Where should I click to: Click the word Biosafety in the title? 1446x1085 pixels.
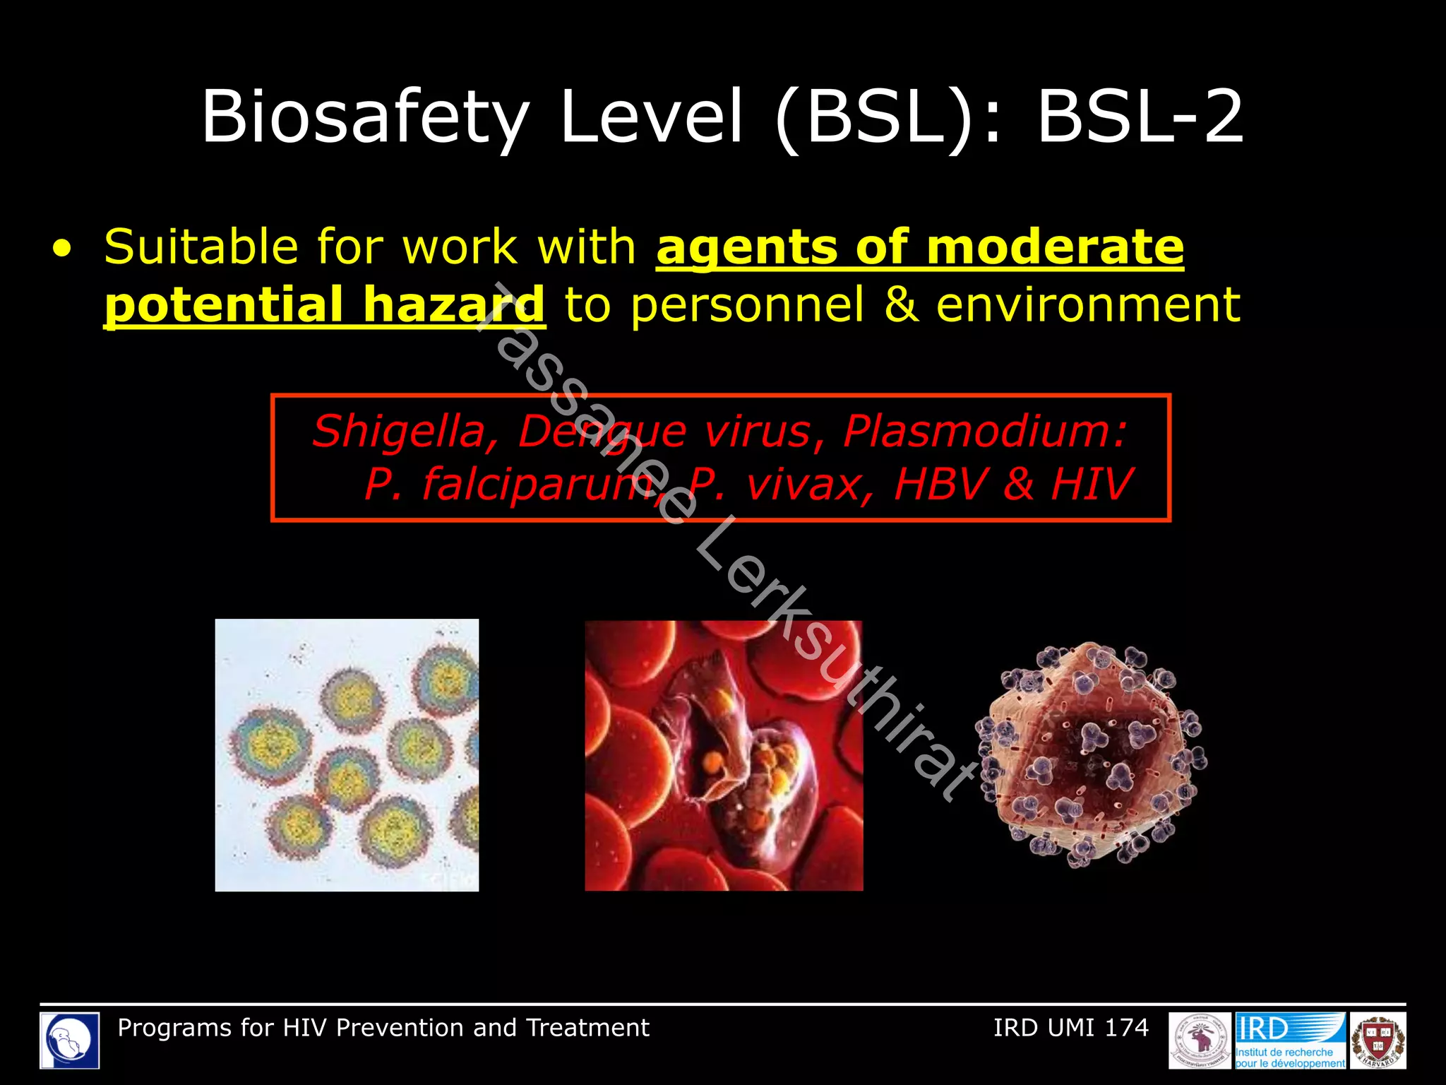[364, 117]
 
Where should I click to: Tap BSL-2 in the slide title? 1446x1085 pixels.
[1140, 117]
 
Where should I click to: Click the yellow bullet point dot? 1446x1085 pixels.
[62, 249]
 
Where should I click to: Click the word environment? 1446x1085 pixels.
[1087, 305]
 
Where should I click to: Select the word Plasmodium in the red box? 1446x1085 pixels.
[984, 431]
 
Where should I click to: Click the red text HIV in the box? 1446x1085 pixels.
[1092, 485]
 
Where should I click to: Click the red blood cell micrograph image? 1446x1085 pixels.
[724, 755]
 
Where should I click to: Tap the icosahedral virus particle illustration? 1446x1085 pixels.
[1092, 754]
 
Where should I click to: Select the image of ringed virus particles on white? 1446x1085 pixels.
[347, 755]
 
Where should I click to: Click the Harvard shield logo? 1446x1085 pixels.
[1378, 1040]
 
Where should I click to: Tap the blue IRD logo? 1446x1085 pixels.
[1290, 1040]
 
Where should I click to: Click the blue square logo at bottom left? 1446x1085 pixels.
[69, 1040]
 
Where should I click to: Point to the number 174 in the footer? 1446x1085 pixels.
[1126, 1028]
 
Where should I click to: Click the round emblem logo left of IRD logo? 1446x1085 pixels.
[1200, 1040]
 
